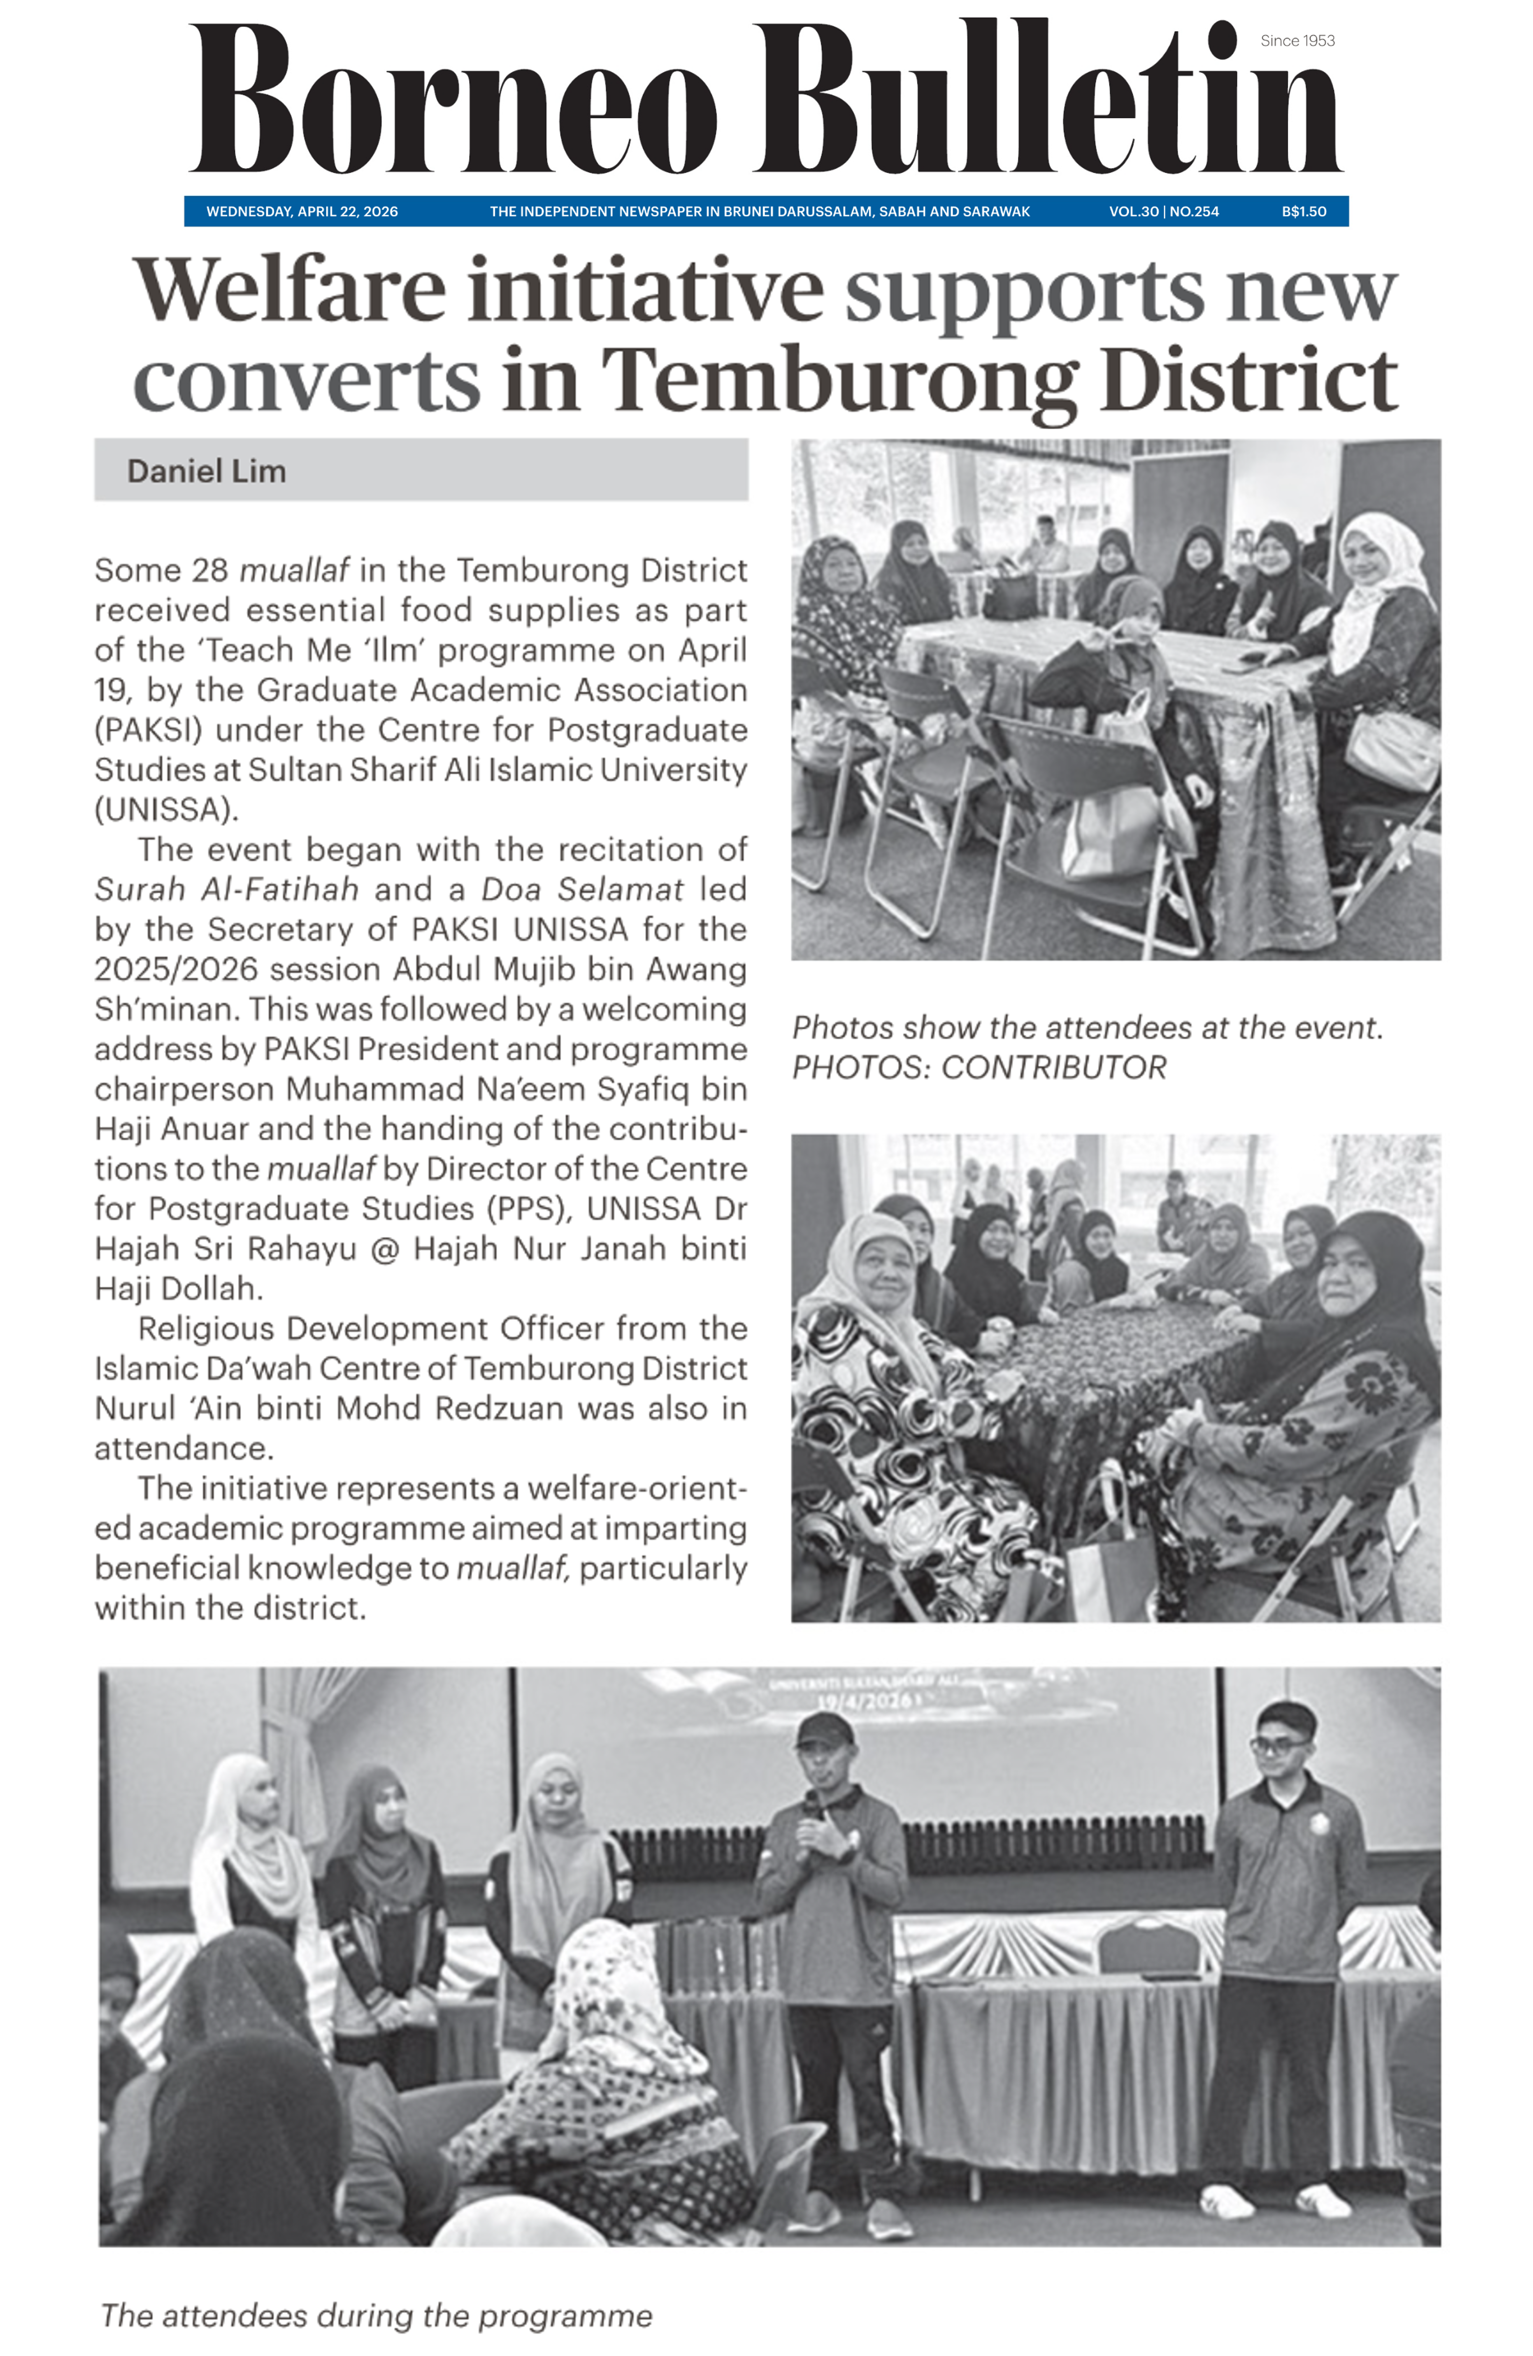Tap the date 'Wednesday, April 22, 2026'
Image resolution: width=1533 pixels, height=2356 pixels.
click(x=302, y=211)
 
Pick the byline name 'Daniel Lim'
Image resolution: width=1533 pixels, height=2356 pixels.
click(x=206, y=471)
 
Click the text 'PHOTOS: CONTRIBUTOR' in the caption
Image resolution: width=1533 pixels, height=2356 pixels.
click(x=979, y=1067)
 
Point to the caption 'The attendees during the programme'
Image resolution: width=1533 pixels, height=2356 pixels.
click(x=376, y=2315)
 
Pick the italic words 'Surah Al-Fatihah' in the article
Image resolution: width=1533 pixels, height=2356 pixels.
click(x=226, y=889)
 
